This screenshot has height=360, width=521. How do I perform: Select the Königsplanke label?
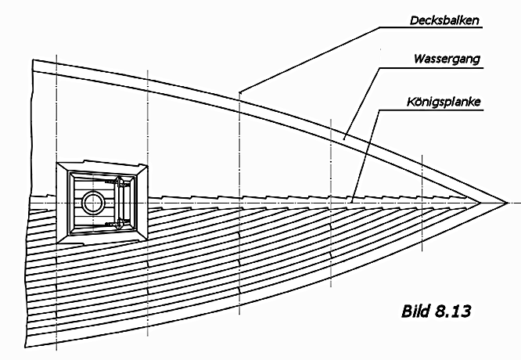click(444, 102)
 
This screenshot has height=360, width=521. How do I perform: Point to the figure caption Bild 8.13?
click(423, 310)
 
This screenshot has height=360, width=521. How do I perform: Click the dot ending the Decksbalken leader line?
click(240, 92)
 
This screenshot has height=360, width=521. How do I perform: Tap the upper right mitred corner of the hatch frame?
click(143, 166)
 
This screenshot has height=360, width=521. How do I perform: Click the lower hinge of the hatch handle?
click(120, 222)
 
